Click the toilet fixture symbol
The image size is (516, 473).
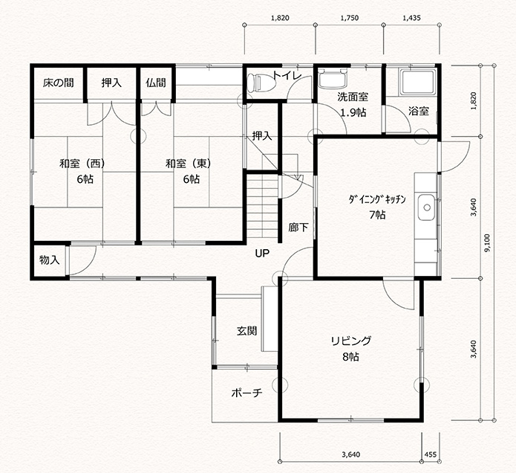click(x=261, y=83)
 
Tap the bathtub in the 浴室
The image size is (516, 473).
click(x=417, y=81)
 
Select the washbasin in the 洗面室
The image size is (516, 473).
click(x=333, y=78)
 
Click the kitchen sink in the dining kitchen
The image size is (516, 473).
click(x=427, y=207)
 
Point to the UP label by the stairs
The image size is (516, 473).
click(x=262, y=253)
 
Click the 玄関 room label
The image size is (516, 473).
click(x=246, y=331)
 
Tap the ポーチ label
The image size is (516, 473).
click(x=246, y=393)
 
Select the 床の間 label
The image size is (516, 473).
click(x=58, y=83)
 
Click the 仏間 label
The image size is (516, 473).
click(x=156, y=83)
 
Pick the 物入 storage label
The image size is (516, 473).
click(x=49, y=260)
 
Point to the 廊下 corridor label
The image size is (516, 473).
click(x=298, y=227)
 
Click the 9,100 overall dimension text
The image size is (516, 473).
click(x=487, y=243)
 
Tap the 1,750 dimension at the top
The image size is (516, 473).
click(x=350, y=18)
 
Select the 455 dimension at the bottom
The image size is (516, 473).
click(x=431, y=455)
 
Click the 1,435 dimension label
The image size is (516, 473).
click(x=411, y=18)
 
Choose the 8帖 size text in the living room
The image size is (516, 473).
click(x=350, y=357)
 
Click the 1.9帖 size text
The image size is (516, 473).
click(x=353, y=113)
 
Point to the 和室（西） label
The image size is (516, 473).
click(x=82, y=164)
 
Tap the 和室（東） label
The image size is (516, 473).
click(x=189, y=164)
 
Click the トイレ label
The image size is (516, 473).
click(x=287, y=76)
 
